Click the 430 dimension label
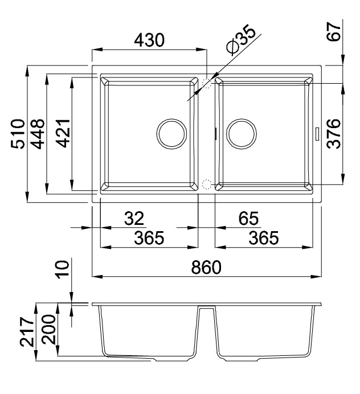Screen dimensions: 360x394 coord(149,40)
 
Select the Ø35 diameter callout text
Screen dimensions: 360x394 coord(241,39)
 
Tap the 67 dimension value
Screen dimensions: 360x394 coord(334,32)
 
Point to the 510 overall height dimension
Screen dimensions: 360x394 coord(18,134)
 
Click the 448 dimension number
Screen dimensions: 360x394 coord(38,134)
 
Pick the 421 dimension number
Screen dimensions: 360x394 coord(63,133)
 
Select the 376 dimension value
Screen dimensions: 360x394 coord(334,134)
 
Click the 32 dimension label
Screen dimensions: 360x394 coord(134,218)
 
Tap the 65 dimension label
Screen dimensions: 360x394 coord(248,218)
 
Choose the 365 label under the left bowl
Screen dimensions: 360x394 coord(149,237)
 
